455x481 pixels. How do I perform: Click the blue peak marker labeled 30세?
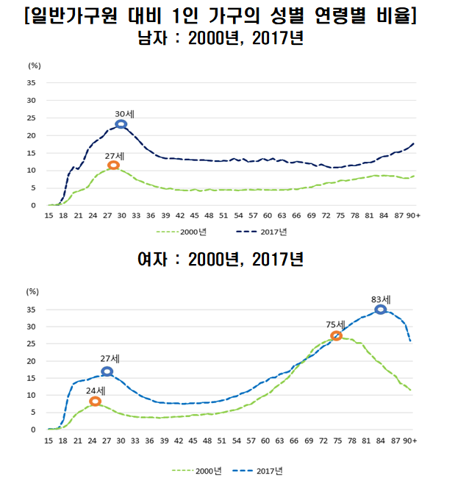pos(121,124)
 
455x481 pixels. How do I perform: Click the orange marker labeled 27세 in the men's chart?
pos(112,165)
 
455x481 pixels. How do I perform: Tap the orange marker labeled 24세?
pos(95,401)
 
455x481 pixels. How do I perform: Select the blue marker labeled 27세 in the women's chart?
pos(107,371)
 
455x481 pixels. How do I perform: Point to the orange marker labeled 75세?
pos(336,335)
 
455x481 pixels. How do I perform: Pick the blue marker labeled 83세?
pos(380,310)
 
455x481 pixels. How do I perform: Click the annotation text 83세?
pos(380,299)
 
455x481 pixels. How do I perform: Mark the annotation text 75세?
pos(335,324)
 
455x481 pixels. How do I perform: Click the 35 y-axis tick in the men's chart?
pos(31,82)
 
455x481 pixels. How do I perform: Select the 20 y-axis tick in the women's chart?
pos(31,361)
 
